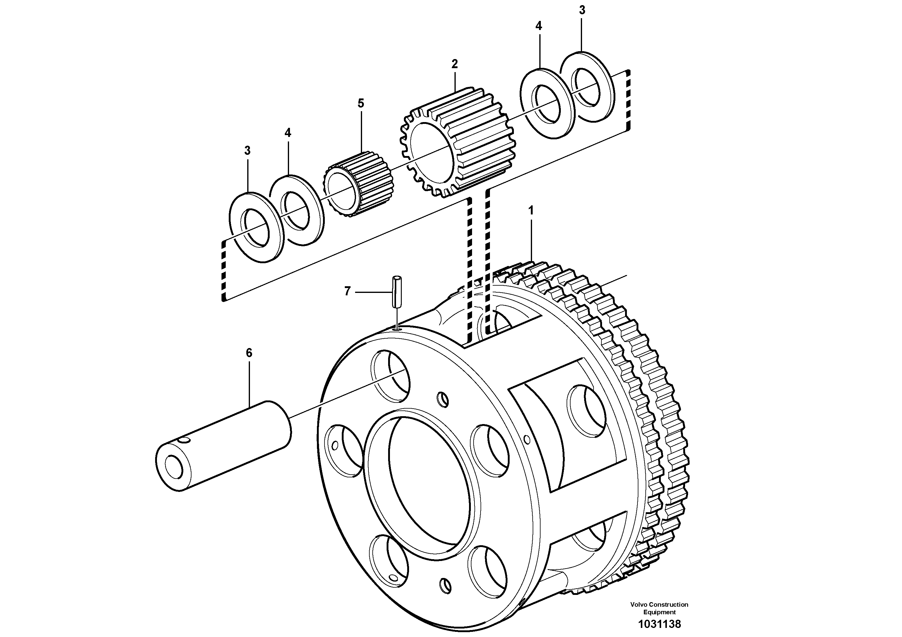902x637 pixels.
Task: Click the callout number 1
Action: pos(531,211)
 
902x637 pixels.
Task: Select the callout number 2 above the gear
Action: pos(454,64)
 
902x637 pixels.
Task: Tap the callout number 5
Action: pos(361,104)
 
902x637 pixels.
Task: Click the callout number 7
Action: pos(347,291)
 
